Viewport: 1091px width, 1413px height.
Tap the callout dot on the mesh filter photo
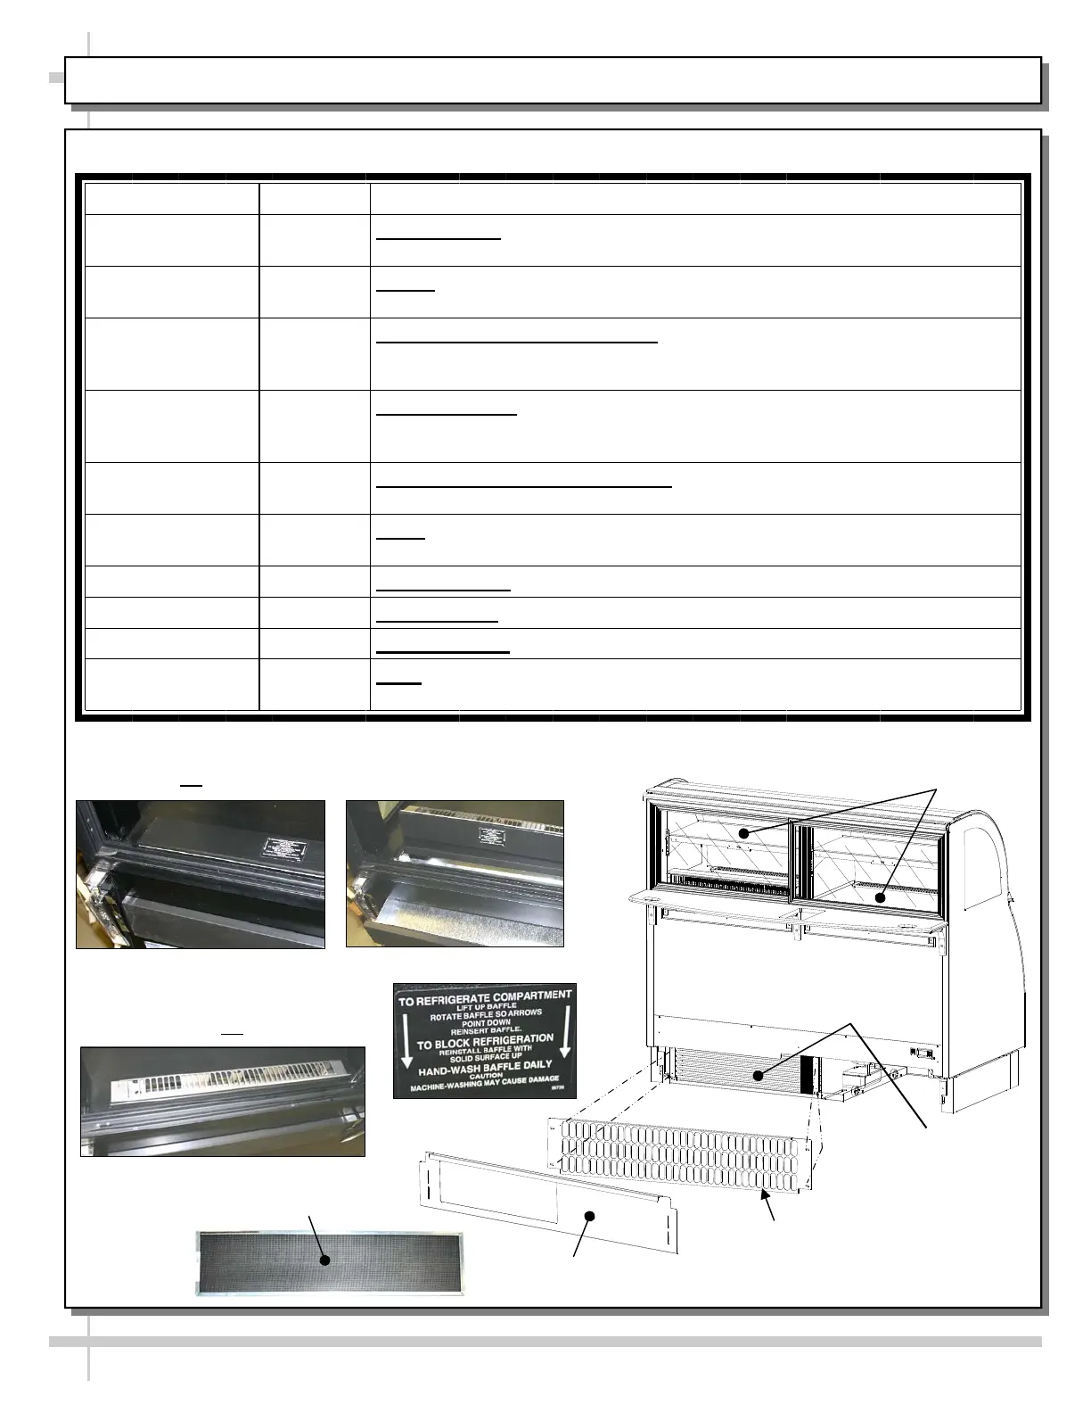(x=325, y=1260)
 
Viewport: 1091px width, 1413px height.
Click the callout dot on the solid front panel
(x=588, y=1216)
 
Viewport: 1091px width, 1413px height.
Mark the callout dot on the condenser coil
(x=758, y=1076)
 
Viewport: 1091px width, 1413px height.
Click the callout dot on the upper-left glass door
(x=743, y=833)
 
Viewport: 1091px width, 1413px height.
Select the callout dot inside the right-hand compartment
(x=881, y=897)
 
